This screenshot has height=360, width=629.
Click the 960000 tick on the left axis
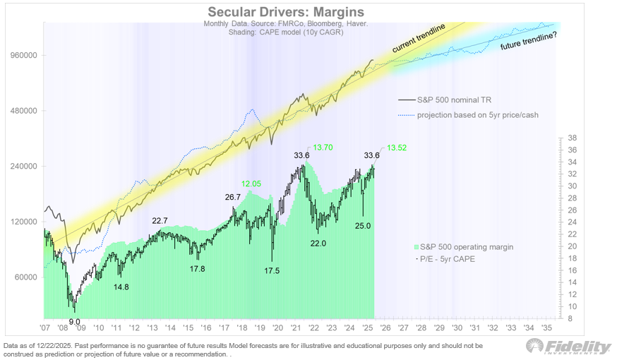[23, 55]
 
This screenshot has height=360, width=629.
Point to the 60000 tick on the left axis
[25, 277]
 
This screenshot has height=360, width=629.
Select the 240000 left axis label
[23, 166]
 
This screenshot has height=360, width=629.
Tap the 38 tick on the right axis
[573, 138]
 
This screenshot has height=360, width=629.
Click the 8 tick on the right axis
[570, 318]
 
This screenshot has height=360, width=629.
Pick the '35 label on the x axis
[546, 328]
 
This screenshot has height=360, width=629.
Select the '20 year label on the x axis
[278, 328]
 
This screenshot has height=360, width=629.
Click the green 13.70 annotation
[323, 148]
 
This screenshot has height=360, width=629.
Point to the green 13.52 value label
[397, 148]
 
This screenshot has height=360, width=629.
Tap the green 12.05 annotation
[251, 184]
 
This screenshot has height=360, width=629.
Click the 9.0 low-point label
[74, 321]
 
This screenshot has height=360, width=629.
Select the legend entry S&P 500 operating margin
[466, 246]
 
